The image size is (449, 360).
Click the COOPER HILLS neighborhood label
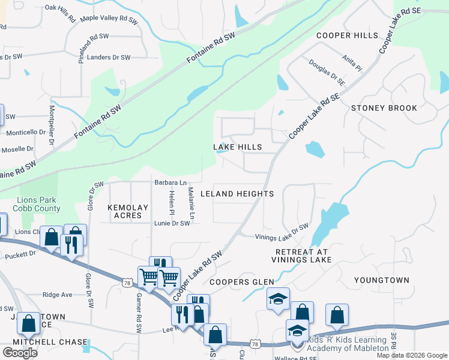tap(348, 35)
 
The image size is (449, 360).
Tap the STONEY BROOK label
tap(384, 108)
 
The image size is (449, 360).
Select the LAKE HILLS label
tap(238, 147)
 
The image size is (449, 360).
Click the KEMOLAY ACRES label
tap(128, 212)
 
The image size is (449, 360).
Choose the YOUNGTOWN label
tap(382, 280)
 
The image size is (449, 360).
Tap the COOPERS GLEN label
tap(241, 282)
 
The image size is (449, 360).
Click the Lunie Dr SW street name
tap(172, 223)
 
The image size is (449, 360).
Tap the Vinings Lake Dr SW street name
tap(282, 232)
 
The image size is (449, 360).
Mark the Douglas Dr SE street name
tap(327, 71)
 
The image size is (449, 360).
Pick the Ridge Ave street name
tap(58, 295)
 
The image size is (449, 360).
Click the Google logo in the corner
tap(20, 352)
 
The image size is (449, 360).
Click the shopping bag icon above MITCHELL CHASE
tap(29, 323)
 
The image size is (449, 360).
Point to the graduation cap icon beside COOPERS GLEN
tap(277, 299)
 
